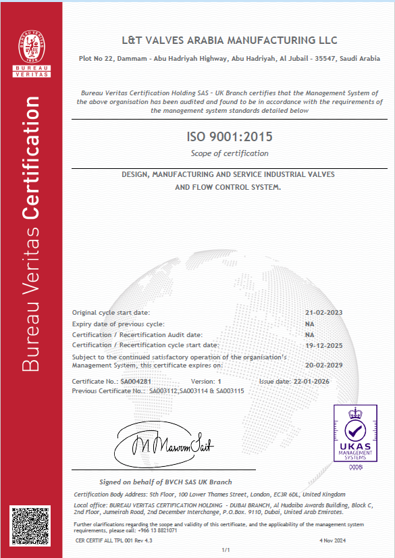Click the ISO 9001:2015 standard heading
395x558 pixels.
click(230, 137)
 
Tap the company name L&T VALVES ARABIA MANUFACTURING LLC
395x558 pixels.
click(230, 41)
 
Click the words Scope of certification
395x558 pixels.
click(230, 153)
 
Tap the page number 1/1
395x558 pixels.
click(226, 551)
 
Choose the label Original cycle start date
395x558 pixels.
click(111, 313)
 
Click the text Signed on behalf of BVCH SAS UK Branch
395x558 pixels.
click(165, 482)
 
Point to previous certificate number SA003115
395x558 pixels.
click(230, 390)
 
